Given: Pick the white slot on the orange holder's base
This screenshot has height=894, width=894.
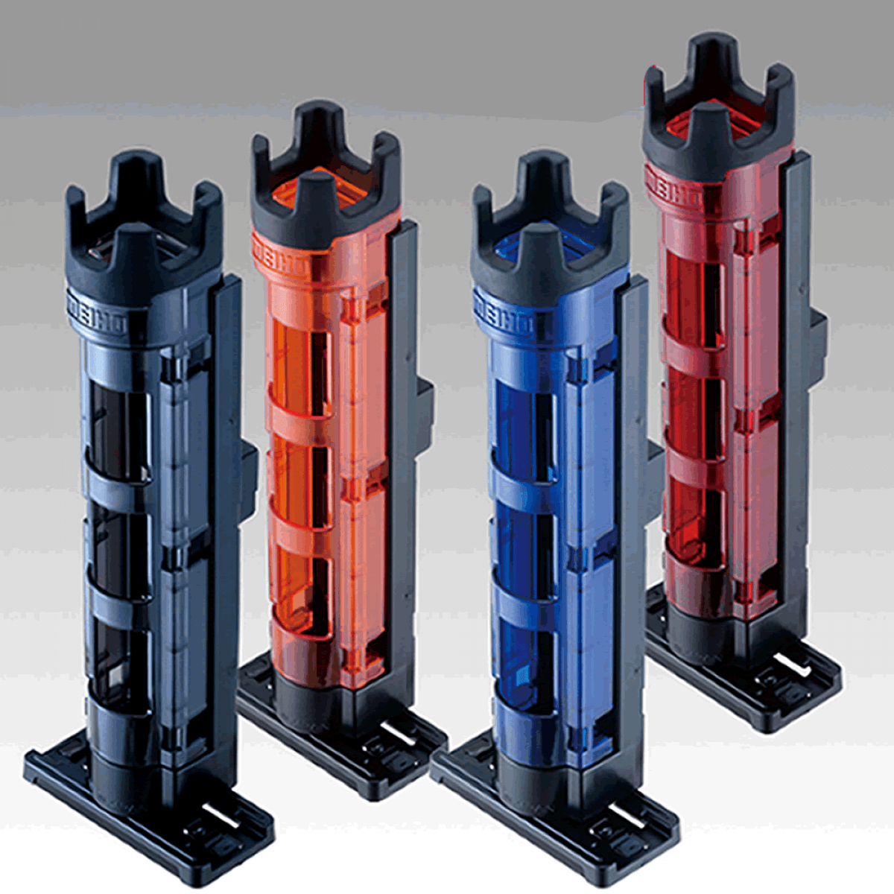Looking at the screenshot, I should (401, 734).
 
